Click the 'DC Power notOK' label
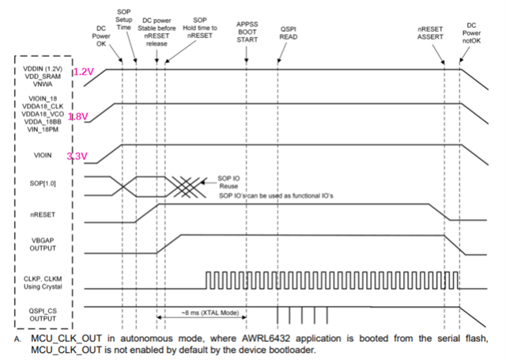tap(473, 36)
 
